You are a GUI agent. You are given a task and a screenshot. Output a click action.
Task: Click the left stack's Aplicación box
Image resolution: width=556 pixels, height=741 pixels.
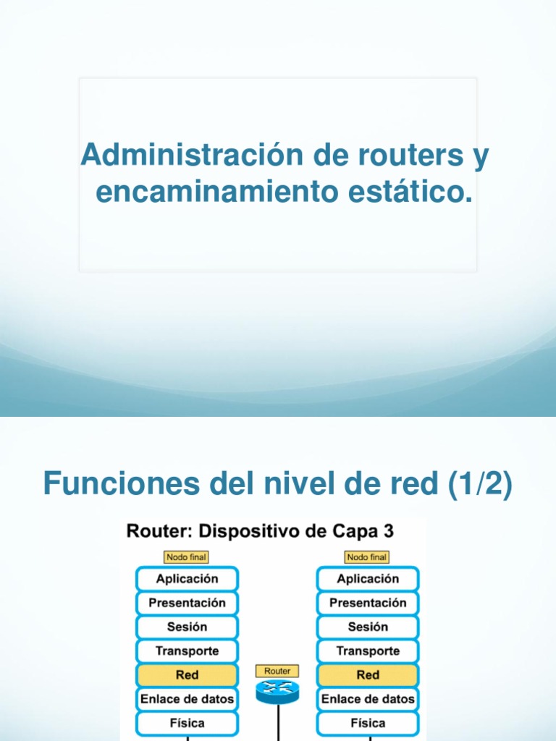point(187,579)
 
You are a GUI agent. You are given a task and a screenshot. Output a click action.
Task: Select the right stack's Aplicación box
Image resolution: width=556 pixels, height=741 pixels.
point(368,579)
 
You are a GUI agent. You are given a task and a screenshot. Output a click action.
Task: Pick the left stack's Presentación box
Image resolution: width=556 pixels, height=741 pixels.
point(187,603)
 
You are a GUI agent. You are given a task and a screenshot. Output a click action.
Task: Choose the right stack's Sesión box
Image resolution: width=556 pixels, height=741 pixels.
point(368,627)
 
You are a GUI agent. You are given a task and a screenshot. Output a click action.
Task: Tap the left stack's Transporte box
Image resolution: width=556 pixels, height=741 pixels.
point(187,651)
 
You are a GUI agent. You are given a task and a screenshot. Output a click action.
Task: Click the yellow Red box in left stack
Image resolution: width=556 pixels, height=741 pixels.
point(187,675)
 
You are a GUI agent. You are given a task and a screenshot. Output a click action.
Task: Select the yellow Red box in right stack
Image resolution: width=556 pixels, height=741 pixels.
point(368,675)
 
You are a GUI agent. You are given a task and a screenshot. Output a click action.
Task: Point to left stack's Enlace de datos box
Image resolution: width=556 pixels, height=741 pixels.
point(187,699)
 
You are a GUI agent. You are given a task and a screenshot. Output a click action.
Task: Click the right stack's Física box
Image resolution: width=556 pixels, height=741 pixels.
point(368,723)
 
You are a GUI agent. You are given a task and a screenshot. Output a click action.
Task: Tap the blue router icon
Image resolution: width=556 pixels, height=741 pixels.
point(277,693)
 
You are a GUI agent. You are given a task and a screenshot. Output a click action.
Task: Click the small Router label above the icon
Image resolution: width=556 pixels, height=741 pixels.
point(277,672)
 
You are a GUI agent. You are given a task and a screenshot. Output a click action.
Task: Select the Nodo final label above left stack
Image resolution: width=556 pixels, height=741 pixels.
point(187,557)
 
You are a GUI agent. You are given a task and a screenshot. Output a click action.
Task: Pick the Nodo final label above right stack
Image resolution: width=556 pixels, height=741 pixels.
point(368,557)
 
